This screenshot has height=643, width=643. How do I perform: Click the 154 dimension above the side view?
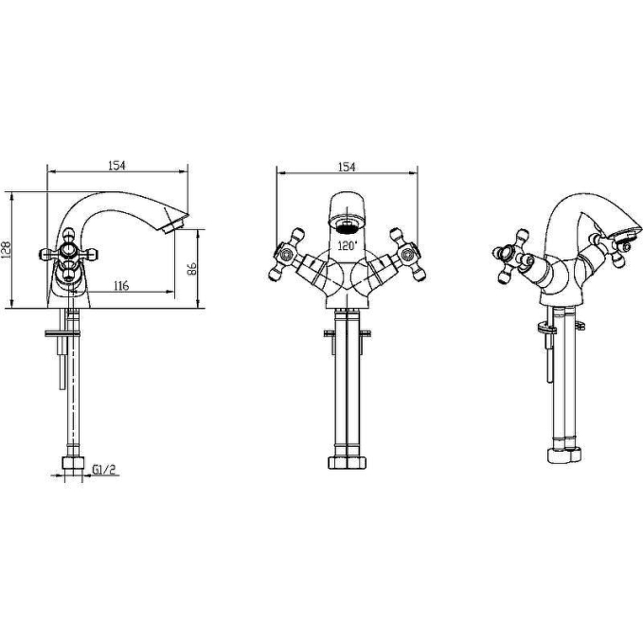116,166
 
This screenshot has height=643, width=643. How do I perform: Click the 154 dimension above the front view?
347,167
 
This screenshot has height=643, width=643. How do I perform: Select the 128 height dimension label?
7,250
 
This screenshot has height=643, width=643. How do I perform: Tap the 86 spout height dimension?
192,269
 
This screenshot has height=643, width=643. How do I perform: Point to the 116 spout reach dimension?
121,285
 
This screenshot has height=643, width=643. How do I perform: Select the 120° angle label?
348,245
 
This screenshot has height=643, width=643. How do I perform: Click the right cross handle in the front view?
407,255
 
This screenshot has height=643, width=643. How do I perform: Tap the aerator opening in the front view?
348,226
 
